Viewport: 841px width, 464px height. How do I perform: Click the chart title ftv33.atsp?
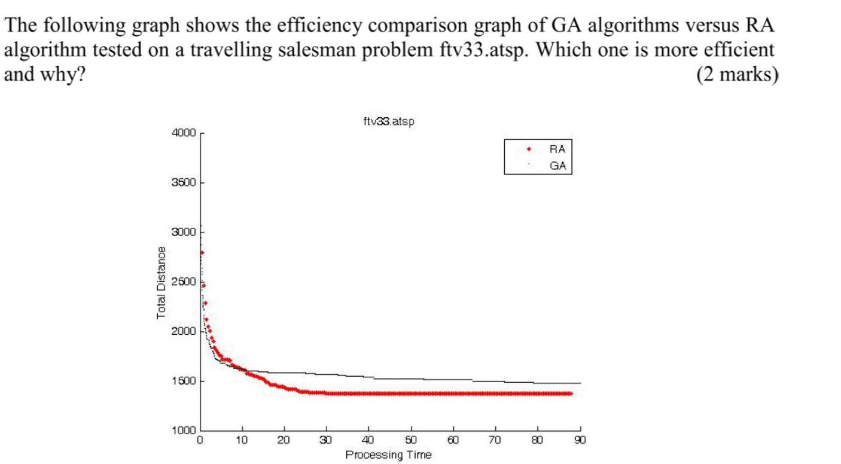pyautogui.click(x=389, y=121)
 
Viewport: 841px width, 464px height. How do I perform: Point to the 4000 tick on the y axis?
pyautogui.click(x=184, y=133)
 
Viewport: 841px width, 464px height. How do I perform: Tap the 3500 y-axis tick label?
pyautogui.click(x=184, y=183)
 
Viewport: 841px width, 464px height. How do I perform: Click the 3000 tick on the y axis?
pyautogui.click(x=184, y=233)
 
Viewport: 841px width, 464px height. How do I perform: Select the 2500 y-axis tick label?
pyautogui.click(x=184, y=282)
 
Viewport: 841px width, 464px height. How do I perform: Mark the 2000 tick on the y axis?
pyautogui.click(x=184, y=332)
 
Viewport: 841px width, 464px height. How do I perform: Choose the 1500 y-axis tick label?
pyautogui.click(x=184, y=381)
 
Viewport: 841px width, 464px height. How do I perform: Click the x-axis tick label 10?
pyautogui.click(x=242, y=441)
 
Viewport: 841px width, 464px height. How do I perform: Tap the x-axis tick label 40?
pyautogui.click(x=368, y=441)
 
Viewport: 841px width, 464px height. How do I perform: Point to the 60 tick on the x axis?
pyautogui.click(x=453, y=441)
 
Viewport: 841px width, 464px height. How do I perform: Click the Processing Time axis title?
pyautogui.click(x=389, y=455)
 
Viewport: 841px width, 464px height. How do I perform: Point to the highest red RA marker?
pyautogui.click(x=202, y=253)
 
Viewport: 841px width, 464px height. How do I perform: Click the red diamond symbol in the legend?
pyautogui.click(x=529, y=149)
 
